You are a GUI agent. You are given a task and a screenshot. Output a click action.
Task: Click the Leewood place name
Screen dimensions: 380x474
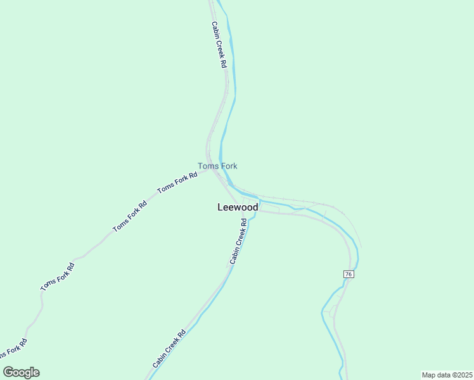238,207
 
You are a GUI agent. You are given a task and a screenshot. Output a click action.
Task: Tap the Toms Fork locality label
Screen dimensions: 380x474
217,166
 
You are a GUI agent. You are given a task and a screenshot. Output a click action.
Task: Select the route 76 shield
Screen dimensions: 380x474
349,274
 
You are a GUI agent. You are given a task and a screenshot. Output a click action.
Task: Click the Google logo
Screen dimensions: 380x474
21,372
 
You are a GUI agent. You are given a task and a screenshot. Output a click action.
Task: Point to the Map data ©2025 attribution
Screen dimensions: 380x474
447,375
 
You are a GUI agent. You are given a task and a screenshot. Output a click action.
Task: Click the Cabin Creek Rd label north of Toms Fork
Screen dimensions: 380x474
219,45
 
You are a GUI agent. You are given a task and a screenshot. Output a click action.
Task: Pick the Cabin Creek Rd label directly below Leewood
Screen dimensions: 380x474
238,241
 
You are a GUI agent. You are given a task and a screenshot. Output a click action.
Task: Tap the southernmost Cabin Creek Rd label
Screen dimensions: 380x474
169,349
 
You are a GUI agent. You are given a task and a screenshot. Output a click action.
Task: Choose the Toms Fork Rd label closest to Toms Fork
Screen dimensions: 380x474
177,183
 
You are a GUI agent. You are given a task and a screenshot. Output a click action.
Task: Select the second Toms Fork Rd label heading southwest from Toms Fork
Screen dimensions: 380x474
130,216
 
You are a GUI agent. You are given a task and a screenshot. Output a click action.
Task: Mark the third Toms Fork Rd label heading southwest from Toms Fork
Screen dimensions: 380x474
58,277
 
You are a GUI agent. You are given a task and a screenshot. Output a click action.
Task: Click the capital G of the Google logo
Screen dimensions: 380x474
8,372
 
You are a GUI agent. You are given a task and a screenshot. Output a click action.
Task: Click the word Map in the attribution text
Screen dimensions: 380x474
428,375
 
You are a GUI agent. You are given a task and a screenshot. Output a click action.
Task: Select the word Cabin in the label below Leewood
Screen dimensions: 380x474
234,255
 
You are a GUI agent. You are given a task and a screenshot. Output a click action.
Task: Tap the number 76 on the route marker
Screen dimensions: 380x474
349,274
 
